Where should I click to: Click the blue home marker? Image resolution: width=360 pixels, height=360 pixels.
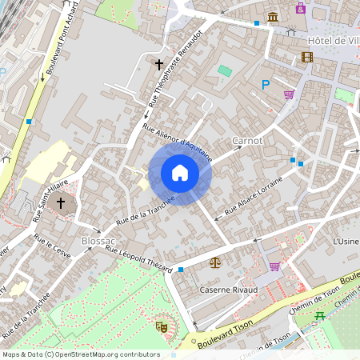180,172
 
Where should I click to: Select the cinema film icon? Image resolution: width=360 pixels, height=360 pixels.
307,57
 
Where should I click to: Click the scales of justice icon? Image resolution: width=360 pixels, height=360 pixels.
214,261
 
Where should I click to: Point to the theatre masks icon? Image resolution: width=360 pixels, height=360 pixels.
161,326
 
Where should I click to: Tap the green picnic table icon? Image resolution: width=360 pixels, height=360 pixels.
321,314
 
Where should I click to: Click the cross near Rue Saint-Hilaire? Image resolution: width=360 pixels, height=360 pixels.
61,204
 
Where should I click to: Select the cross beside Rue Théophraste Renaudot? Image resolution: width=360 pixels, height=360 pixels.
158,63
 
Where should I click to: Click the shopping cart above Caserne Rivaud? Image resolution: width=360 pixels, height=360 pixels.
274,266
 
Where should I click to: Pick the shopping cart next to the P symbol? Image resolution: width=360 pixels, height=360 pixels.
289,94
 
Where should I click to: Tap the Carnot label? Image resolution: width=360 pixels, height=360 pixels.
247,141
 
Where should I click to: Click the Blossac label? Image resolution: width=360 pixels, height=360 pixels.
99,241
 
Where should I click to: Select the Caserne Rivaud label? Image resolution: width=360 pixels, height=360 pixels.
229,289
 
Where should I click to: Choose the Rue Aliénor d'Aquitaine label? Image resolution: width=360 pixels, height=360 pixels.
178,142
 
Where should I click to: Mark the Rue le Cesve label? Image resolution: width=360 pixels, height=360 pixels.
52,246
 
